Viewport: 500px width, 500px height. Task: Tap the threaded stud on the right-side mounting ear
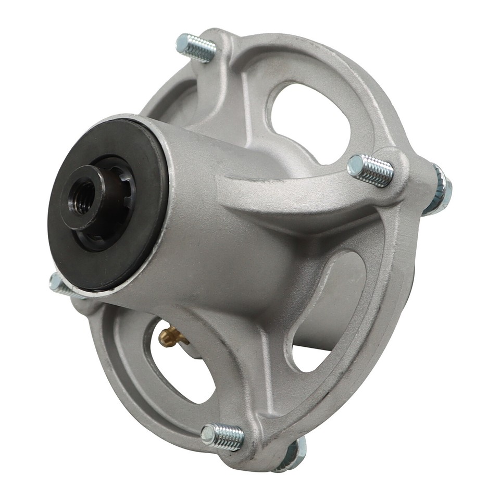click(370, 170)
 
